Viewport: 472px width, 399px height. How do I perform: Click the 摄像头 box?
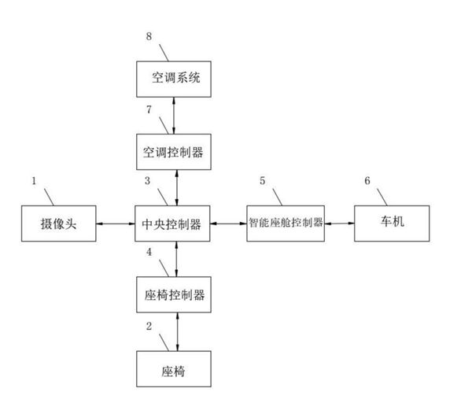click(x=57, y=224)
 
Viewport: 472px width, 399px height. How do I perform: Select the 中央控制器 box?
click(x=172, y=224)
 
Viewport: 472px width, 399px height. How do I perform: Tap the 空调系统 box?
click(x=172, y=78)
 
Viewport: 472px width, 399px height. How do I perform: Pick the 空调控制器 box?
click(x=172, y=151)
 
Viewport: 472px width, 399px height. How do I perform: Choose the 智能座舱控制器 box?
click(x=286, y=224)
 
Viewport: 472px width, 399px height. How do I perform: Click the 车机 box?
click(x=391, y=224)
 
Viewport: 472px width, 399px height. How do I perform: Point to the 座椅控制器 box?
click(x=172, y=295)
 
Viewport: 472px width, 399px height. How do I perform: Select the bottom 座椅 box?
click(x=172, y=368)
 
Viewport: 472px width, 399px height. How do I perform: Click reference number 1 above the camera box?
click(x=34, y=181)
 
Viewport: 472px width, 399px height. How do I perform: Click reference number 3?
click(x=149, y=181)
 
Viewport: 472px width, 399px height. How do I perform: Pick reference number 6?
click(x=367, y=181)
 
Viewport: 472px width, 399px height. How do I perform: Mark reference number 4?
click(x=149, y=253)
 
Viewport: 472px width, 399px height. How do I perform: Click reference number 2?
click(x=149, y=325)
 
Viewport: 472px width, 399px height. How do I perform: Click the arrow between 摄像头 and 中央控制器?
click(x=114, y=224)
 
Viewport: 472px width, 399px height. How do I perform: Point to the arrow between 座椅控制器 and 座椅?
click(x=178, y=331)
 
